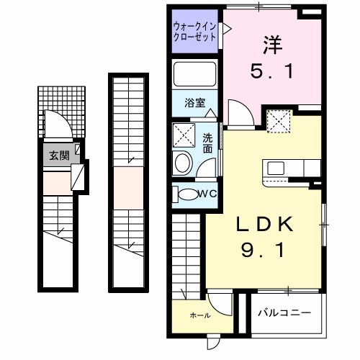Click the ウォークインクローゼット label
coord(194,32)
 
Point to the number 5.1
coord(271,73)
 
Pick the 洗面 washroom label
coord(207,143)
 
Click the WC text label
coord(207,193)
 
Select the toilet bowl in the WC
coord(188,194)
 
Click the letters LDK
coord(266,225)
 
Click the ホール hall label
coord(200,315)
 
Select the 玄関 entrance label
coord(57,156)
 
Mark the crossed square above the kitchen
coord(276,120)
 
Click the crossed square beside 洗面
coord(184,135)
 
